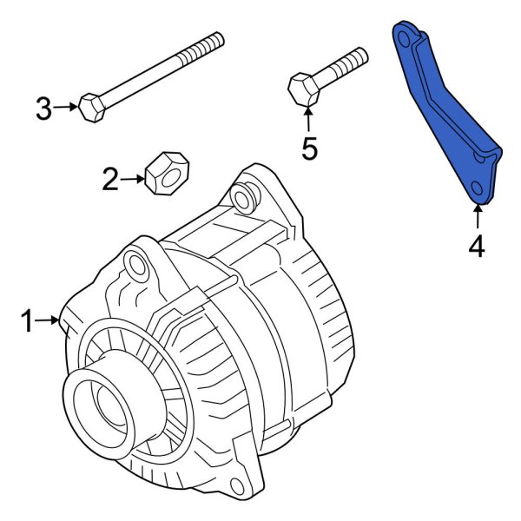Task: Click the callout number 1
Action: point(28,322)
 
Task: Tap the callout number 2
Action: point(110,180)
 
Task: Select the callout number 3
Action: point(44,109)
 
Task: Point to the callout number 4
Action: point(476,247)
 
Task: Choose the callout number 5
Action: point(310,148)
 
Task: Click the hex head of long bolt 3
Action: point(91,108)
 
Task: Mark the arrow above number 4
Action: point(476,217)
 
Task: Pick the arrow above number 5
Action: point(310,119)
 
